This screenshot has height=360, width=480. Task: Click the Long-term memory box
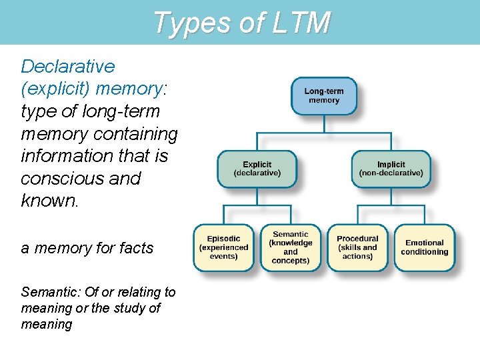click(x=324, y=96)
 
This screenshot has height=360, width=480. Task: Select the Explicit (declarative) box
click(x=257, y=169)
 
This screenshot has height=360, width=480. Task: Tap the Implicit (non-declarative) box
click(x=391, y=169)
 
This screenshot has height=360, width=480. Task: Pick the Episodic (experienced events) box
click(x=223, y=247)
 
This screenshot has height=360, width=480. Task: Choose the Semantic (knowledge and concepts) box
click(x=290, y=247)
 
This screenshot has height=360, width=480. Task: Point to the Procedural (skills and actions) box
click(x=357, y=247)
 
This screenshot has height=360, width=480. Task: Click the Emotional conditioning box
click(x=424, y=247)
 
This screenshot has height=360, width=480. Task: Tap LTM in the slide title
click(x=301, y=23)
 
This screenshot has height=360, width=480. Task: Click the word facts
click(x=135, y=248)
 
